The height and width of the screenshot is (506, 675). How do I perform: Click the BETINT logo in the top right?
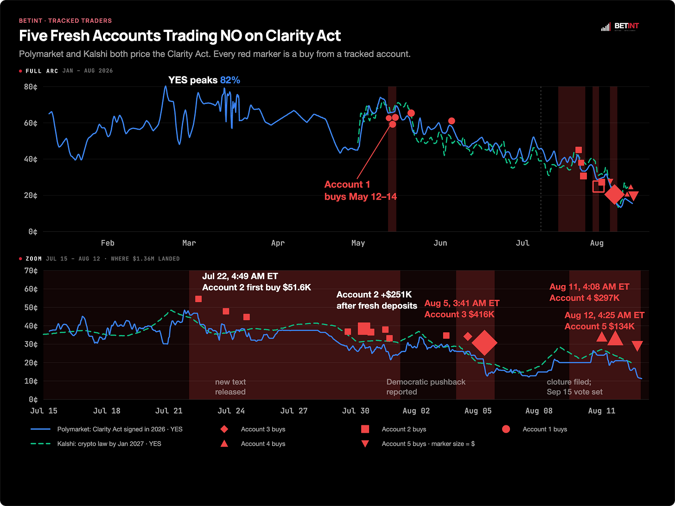click(x=620, y=27)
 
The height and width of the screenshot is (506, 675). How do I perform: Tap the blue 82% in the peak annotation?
click(x=230, y=80)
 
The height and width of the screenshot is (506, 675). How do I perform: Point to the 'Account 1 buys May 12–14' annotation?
click(x=360, y=190)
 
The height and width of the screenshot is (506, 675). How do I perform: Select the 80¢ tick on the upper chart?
click(x=31, y=87)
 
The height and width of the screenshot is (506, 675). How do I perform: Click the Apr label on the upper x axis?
click(x=278, y=243)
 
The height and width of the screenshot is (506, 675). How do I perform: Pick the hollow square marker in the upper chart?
click(x=598, y=186)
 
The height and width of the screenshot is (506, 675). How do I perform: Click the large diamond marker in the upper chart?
click(x=614, y=195)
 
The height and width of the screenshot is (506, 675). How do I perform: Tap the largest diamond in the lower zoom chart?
click(x=484, y=343)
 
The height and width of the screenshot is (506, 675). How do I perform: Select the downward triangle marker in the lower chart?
click(x=637, y=345)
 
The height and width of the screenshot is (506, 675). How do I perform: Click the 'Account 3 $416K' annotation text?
click(x=459, y=314)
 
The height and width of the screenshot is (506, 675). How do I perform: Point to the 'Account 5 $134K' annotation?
click(x=599, y=326)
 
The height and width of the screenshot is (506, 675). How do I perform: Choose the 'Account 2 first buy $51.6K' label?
click(x=256, y=288)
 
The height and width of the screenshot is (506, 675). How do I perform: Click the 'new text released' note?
click(x=230, y=387)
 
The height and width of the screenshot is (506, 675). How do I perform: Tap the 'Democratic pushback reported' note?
click(x=426, y=387)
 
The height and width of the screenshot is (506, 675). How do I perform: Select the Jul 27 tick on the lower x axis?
click(x=293, y=411)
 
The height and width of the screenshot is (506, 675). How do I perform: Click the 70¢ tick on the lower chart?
click(x=31, y=271)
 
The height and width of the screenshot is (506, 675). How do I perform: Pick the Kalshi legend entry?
click(x=96, y=443)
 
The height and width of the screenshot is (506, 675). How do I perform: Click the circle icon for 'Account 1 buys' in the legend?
click(x=506, y=429)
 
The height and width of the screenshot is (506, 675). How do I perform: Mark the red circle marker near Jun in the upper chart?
click(x=452, y=121)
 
